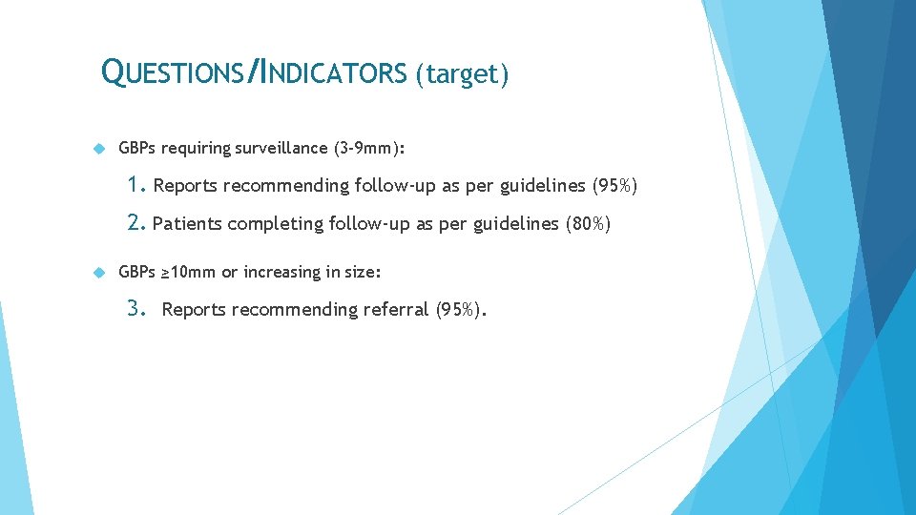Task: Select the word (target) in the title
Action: (x=462, y=73)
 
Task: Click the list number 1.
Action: (x=136, y=184)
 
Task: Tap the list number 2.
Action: (x=136, y=223)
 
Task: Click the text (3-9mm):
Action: (x=369, y=149)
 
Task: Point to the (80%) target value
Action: (x=588, y=224)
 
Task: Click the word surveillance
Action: (x=283, y=149)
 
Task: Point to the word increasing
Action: (x=282, y=273)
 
